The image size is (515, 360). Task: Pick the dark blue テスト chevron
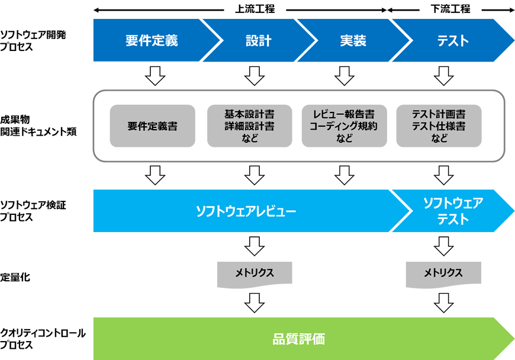click(x=453, y=40)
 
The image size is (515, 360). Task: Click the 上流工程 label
click(x=255, y=9)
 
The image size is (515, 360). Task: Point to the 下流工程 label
click(x=450, y=9)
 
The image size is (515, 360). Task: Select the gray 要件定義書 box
click(x=152, y=126)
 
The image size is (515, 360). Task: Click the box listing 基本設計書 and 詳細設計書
click(x=250, y=126)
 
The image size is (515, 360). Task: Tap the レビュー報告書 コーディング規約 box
click(x=344, y=126)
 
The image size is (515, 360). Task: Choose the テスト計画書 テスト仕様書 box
click(x=439, y=126)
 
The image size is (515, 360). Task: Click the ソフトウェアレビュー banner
click(x=246, y=211)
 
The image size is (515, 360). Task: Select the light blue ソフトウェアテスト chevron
click(x=453, y=211)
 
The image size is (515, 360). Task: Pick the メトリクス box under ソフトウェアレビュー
click(x=255, y=274)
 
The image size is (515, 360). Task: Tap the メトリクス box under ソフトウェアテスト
click(x=443, y=274)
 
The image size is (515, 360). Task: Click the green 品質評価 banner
click(x=299, y=339)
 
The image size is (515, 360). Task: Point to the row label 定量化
click(x=15, y=277)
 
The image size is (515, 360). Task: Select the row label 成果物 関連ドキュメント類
click(x=38, y=126)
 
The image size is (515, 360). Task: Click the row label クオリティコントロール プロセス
click(x=43, y=339)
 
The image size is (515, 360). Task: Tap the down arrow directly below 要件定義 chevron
click(x=155, y=76)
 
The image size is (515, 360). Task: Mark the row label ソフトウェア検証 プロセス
click(x=33, y=211)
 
